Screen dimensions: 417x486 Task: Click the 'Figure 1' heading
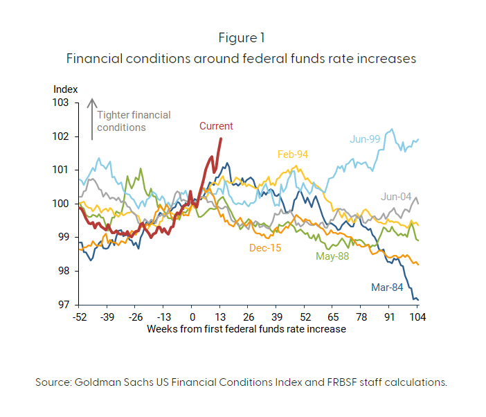click(x=242, y=37)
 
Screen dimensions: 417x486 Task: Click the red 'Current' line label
click(x=216, y=126)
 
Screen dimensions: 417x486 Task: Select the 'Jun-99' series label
click(x=365, y=139)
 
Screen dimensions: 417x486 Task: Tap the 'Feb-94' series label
click(x=292, y=154)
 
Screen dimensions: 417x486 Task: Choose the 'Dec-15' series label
click(x=265, y=247)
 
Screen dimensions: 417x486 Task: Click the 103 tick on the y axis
click(x=62, y=103)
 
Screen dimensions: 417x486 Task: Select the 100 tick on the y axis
click(x=62, y=204)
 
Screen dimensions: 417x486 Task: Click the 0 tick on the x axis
click(x=192, y=317)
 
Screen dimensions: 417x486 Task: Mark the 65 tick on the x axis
click(x=333, y=317)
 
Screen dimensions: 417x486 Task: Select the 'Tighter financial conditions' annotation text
click(x=133, y=121)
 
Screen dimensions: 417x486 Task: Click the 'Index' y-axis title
click(x=66, y=89)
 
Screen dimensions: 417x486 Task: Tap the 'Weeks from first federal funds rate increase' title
click(x=246, y=329)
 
